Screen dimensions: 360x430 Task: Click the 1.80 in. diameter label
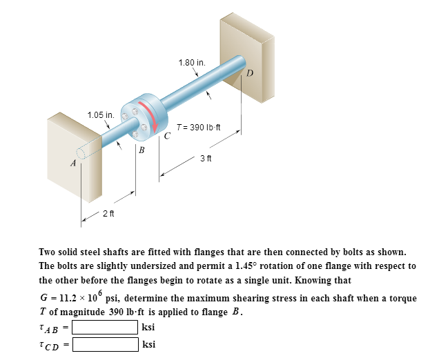coord(191,63)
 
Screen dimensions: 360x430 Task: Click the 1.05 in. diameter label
coord(100,114)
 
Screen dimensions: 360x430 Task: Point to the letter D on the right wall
coord(250,72)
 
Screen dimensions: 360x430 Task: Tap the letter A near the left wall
coord(72,163)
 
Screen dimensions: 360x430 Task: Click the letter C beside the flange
coord(167,135)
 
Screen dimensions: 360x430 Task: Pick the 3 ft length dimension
coord(205,159)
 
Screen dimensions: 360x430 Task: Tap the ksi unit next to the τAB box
coord(148,326)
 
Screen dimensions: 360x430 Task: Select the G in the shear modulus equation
coord(46,297)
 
